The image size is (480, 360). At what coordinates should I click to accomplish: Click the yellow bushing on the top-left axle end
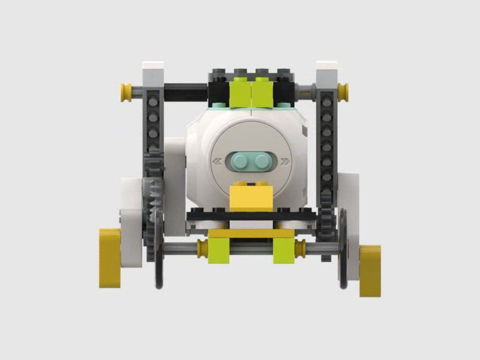[127, 92]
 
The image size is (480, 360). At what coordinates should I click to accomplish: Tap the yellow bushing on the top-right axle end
[343, 92]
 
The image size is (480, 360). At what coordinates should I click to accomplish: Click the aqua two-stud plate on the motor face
[251, 161]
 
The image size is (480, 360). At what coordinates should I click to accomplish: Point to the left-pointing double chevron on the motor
[217, 161]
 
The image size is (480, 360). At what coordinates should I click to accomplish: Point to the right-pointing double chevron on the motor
[285, 161]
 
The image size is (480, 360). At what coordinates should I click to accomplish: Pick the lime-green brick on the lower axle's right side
[284, 251]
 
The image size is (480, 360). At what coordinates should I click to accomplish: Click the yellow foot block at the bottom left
[110, 257]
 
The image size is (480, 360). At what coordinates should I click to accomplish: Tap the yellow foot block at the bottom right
[370, 270]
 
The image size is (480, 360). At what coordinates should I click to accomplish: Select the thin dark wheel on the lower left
[158, 252]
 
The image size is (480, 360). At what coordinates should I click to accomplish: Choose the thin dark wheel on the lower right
[343, 249]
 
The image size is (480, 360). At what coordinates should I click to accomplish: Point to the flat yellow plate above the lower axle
[251, 233]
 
